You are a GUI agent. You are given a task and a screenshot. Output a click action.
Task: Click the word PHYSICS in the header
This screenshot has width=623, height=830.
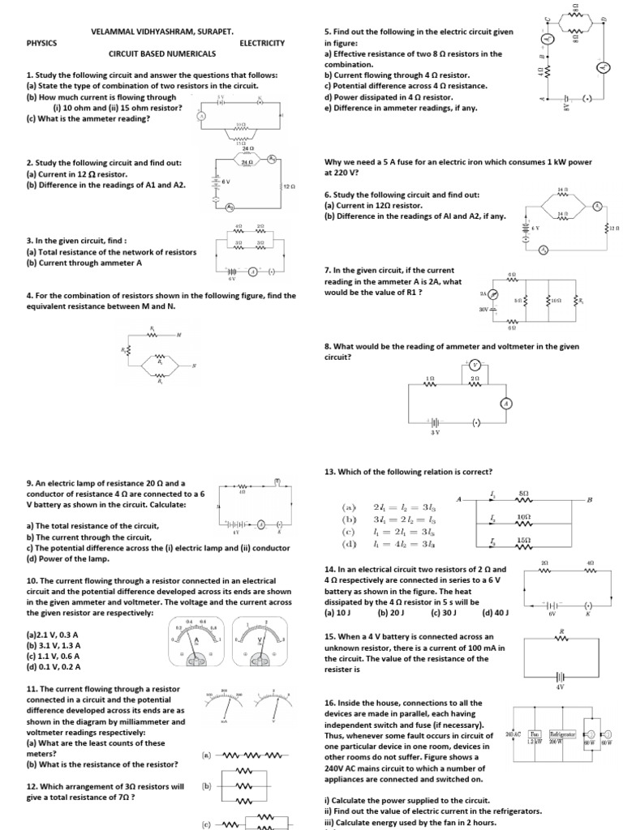pyautogui.click(x=42, y=42)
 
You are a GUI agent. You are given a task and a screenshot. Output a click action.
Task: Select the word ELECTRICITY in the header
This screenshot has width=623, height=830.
pyautogui.click(x=262, y=42)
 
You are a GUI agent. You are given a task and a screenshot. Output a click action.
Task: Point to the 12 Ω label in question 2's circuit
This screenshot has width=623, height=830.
pyautogui.click(x=290, y=186)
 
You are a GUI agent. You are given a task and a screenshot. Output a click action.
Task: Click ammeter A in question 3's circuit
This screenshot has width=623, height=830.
pyautogui.click(x=252, y=271)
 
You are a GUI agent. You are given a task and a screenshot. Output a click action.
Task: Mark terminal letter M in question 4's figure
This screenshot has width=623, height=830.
pyautogui.click(x=178, y=335)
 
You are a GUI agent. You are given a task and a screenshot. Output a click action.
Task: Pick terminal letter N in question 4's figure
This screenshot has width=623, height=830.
pyautogui.click(x=193, y=366)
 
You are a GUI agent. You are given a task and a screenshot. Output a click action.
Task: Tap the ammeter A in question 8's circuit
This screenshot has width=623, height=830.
pyautogui.click(x=505, y=403)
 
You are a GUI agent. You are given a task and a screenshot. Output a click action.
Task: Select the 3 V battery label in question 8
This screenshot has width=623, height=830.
pyautogui.click(x=435, y=432)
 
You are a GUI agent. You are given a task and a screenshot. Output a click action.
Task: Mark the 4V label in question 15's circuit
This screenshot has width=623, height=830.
pyautogui.click(x=559, y=687)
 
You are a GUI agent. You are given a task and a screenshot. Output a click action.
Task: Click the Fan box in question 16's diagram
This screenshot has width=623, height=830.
pyautogui.click(x=536, y=735)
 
